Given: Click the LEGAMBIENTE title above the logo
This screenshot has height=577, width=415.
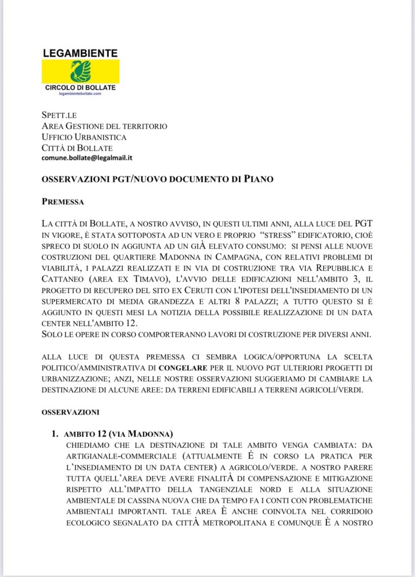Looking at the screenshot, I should coord(80,53).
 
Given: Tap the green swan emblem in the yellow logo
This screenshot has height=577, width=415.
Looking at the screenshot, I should coord(80,72).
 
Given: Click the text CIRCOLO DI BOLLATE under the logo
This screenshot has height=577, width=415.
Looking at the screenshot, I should coord(80,89).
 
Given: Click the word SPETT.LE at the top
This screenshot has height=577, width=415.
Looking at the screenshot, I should coord(55,115).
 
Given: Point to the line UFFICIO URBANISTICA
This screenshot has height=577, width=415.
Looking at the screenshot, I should coord(84,137).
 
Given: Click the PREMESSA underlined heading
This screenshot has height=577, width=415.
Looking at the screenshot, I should coord(63,201).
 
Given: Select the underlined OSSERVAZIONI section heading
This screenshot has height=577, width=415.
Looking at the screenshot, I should coord(70,412).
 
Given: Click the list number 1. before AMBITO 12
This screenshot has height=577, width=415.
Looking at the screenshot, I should coord(55,434).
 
